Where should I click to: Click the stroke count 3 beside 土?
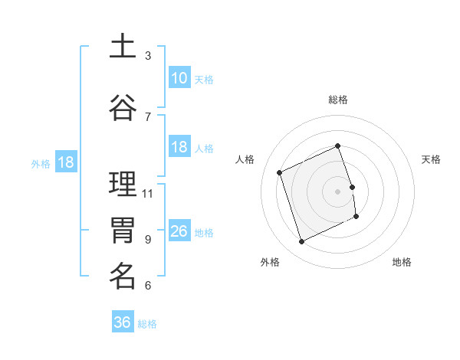click(x=148, y=56)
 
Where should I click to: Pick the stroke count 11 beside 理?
click(x=148, y=193)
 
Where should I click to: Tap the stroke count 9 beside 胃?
click(x=148, y=239)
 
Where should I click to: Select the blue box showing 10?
click(x=179, y=78)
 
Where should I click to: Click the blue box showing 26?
click(x=179, y=231)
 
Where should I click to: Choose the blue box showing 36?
click(x=123, y=322)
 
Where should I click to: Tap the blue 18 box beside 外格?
click(x=65, y=162)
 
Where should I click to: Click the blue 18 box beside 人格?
click(x=179, y=147)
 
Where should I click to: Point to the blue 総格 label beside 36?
click(x=147, y=324)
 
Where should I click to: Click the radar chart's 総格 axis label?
click(x=338, y=100)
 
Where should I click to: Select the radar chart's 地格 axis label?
click(x=402, y=262)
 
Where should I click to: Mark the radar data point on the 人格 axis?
click(x=280, y=172)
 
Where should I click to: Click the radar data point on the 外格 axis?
click(x=301, y=242)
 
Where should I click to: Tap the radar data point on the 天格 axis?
click(x=352, y=187)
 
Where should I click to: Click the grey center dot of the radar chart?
click(x=338, y=191)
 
